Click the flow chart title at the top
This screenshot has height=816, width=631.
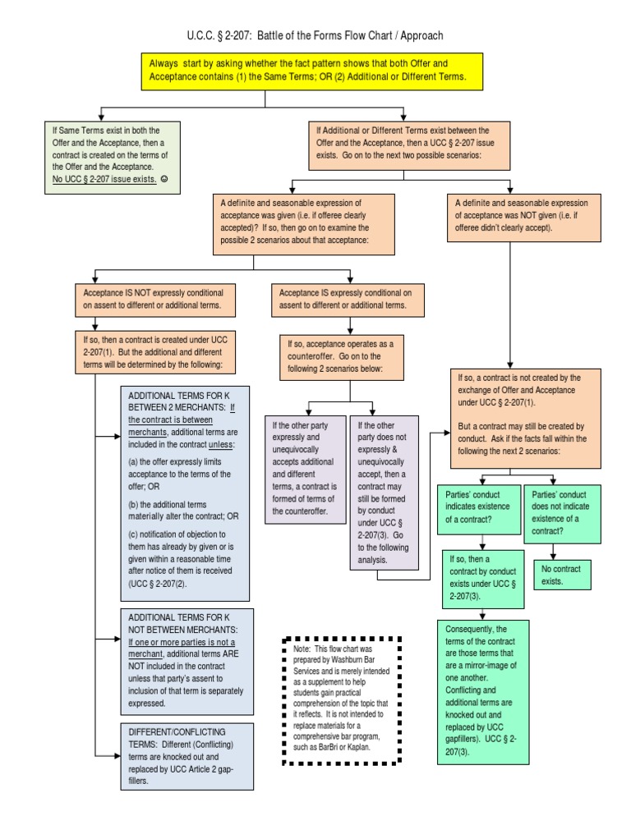315,35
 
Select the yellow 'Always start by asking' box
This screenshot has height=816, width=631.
308,70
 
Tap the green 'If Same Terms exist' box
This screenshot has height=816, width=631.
112,158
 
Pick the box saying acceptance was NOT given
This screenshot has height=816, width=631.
510,215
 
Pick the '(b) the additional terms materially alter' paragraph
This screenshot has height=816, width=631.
183,510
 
